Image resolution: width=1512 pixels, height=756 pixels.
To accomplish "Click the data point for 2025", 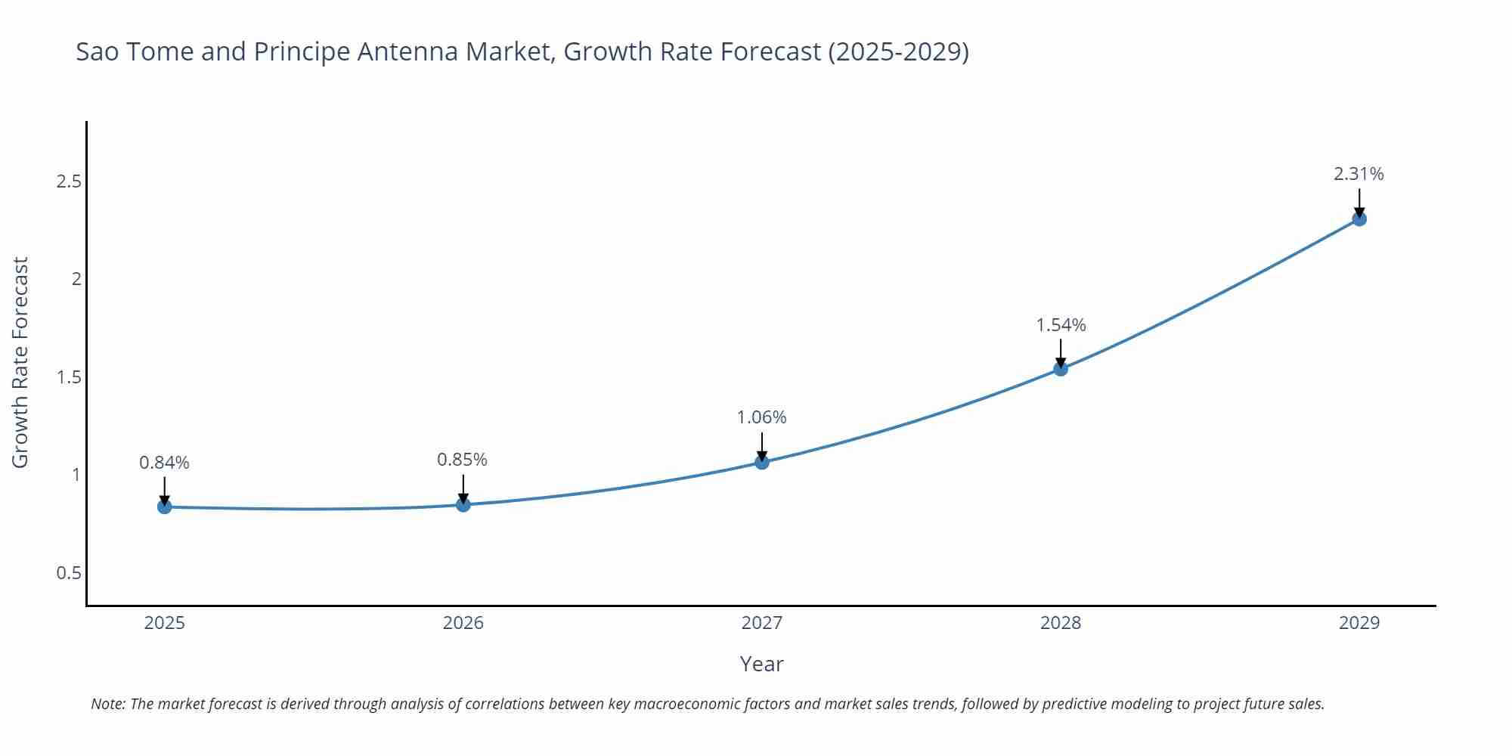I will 165,507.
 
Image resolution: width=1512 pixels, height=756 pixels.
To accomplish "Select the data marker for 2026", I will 463,504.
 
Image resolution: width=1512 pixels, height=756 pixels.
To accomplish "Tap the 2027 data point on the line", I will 762,462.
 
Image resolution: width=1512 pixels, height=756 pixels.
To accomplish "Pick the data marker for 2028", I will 1061,369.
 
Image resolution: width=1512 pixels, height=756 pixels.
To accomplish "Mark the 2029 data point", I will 1359,219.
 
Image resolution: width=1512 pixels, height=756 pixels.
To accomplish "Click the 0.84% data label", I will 164,463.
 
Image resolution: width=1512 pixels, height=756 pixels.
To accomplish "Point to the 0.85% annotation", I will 462,460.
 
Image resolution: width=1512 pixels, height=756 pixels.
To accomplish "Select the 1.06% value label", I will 761,417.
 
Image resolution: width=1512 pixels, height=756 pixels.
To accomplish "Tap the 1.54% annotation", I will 1061,325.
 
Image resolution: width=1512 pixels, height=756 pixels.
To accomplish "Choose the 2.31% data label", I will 1359,174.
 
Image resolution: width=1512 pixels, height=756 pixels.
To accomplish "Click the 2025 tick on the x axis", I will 165,623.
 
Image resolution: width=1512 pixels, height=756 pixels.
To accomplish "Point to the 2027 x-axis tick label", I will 762,623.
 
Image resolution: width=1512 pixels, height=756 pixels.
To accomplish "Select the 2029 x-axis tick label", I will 1359,623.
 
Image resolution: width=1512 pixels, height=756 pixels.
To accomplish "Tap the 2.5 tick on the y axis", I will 69,181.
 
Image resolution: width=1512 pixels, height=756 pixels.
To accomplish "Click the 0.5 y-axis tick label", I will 69,573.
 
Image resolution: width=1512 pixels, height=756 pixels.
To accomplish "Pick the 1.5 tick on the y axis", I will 69,377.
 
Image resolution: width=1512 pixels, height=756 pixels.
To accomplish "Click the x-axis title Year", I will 761,664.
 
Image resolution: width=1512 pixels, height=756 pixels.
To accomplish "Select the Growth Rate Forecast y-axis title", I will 20,362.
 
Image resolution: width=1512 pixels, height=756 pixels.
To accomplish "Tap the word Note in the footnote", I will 107,704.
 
